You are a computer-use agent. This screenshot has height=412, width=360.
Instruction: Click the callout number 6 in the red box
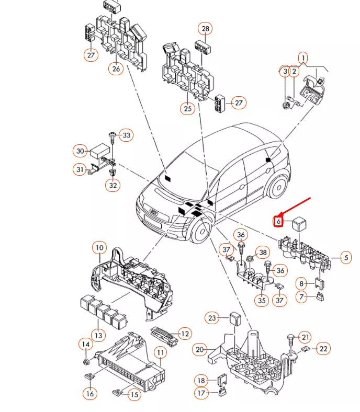point(278,222)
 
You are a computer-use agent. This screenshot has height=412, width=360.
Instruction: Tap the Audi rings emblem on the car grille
point(154,212)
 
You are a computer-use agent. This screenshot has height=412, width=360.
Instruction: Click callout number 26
point(116,68)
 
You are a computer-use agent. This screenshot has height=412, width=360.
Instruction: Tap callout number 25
point(187,108)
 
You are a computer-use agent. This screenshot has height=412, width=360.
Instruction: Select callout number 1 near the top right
point(303,58)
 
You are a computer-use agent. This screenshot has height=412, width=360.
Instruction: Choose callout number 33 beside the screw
point(126,135)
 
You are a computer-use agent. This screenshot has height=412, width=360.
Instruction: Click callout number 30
point(80,151)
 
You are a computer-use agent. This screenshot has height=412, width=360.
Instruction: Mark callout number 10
point(99,247)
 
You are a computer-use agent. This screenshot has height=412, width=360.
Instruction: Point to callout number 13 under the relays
point(98,335)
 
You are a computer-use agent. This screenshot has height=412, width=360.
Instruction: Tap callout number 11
point(160,353)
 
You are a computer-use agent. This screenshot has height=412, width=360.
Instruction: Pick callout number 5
point(345,257)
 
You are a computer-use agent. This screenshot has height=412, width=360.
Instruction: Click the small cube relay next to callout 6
point(299,222)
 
